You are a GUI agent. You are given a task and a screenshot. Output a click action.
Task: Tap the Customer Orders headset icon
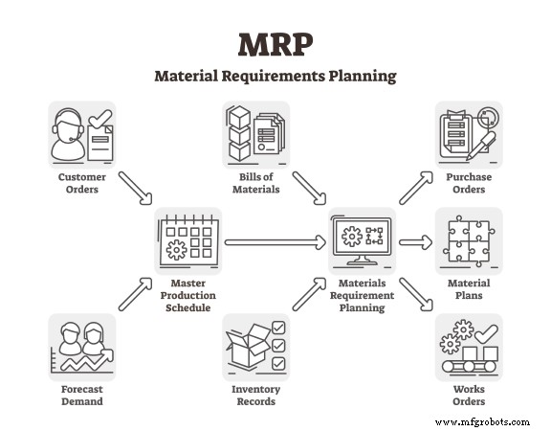pyautogui.click(x=81, y=135)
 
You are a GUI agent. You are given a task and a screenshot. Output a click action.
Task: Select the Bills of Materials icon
pyautogui.click(x=255, y=135)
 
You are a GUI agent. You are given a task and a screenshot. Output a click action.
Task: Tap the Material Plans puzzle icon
pyautogui.click(x=469, y=241)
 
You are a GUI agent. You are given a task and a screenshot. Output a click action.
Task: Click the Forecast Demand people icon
pyautogui.click(x=81, y=348)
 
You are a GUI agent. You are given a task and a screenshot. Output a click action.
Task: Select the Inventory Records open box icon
pyautogui.click(x=255, y=348)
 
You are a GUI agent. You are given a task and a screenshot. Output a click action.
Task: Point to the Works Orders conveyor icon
pyautogui.click(x=469, y=348)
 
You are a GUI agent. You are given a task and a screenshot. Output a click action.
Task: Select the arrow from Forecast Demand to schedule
pyautogui.click(x=135, y=294)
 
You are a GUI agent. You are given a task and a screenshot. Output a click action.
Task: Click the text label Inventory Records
pyautogui.click(x=255, y=396)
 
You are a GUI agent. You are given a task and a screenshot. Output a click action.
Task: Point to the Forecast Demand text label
pyautogui.click(x=81, y=396)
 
